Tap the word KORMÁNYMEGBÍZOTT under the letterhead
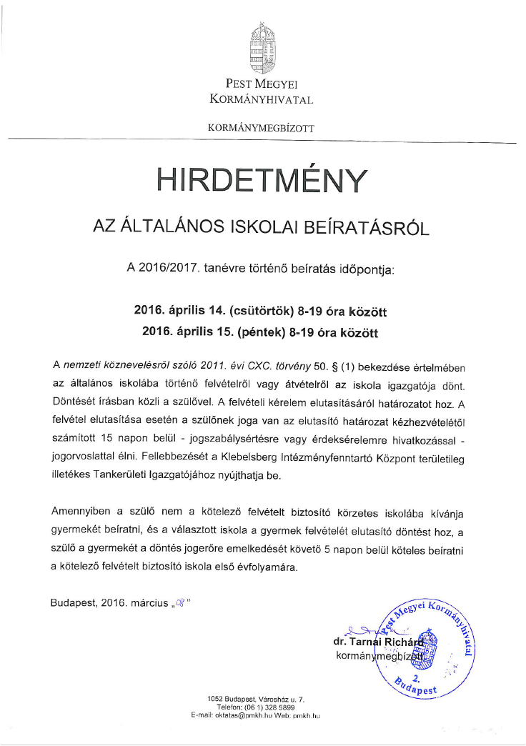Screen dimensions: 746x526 coord(261,128)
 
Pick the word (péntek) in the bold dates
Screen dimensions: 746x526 coord(259,332)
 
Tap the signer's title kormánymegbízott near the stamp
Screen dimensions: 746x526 coord(377,655)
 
